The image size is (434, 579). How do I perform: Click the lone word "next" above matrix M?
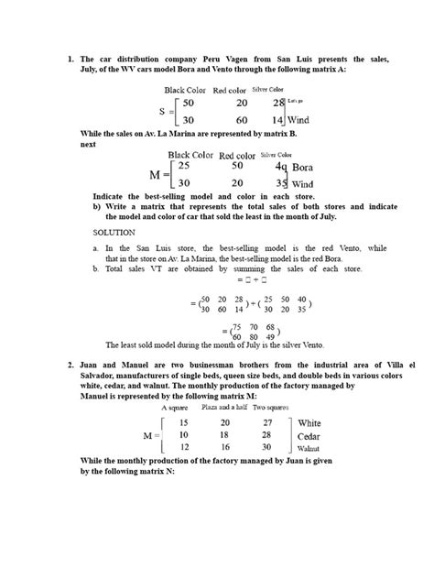tap(88, 144)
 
